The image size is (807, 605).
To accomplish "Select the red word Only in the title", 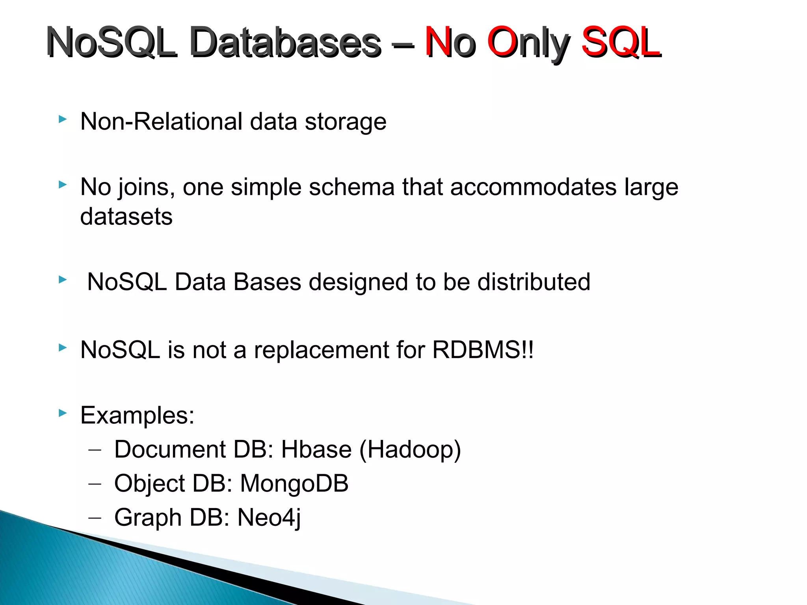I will pos(528,43).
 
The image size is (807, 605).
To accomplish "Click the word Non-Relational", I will pos(161,121).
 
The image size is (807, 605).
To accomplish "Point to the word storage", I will pos(346,122).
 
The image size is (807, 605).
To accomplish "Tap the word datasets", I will pos(126,217).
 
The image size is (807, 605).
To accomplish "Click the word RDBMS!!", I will pos(483,350).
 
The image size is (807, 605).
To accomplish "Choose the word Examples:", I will pos(137,415).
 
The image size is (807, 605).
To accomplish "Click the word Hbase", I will pos(316,449).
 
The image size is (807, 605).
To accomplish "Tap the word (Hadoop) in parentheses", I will pos(410,450).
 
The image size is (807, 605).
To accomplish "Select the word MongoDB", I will pos(294,483).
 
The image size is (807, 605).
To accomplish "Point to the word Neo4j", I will pos(269,518).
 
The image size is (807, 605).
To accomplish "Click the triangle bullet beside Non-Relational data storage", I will pos(62,119).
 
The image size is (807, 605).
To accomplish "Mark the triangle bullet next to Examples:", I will pos(62,413).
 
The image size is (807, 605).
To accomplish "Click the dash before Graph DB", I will pos(95,518).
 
